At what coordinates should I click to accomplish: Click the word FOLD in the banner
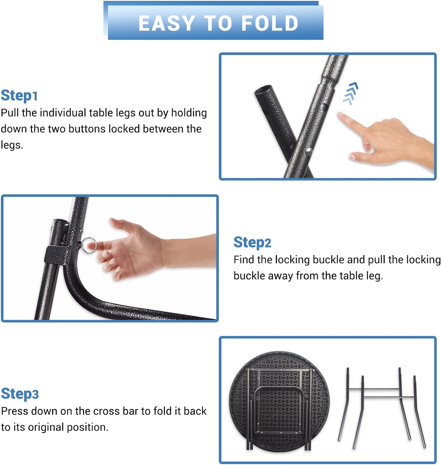(x=270, y=23)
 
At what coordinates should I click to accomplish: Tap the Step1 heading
(x=19, y=96)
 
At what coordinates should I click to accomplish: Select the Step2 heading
(x=252, y=242)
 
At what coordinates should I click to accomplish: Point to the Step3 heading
(x=20, y=394)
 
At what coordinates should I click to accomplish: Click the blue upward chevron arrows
(x=351, y=93)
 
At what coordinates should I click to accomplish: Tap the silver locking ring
(x=89, y=245)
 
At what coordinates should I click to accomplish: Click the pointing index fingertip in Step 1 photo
(x=340, y=114)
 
